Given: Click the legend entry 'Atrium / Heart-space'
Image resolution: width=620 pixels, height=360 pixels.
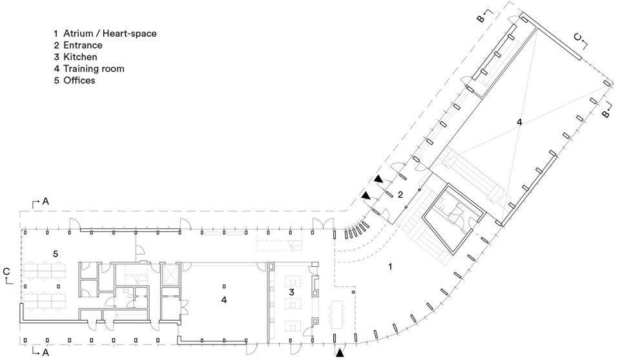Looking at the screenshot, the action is coord(110,34).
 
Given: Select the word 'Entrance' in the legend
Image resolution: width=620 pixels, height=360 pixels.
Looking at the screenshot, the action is coord(83,45).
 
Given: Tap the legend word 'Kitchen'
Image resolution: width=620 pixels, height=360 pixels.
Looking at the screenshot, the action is coord(80,57).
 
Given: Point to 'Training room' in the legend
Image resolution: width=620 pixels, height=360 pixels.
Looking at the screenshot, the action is coord(94,69).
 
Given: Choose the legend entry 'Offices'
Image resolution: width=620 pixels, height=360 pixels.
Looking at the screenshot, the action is coord(79,80).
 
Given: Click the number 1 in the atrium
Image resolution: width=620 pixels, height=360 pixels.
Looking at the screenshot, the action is coord(390,267).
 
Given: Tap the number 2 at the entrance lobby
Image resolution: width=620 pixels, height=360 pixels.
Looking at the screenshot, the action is coord(400,195).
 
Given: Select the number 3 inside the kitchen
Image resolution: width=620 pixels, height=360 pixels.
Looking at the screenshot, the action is coord(292,292).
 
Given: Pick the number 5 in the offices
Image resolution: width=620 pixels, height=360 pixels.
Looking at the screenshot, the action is coord(56,253).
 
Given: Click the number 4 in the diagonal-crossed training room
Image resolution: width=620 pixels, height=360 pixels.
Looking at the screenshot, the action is coord(519,122).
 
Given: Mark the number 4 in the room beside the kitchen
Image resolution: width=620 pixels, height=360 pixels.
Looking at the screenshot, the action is coord(224,301).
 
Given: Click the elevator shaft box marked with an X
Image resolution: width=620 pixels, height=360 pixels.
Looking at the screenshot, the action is coord(170,274).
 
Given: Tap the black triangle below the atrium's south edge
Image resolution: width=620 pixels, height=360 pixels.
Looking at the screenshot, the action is coord(340,353).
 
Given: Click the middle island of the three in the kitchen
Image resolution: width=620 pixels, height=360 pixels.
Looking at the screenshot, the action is coord(293,304).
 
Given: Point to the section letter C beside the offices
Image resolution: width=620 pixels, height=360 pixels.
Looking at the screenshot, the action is coord(6,271).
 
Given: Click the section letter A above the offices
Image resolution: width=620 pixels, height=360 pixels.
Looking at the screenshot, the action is coord(45,202).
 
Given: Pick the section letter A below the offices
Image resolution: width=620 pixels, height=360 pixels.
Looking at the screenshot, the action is coord(45,352).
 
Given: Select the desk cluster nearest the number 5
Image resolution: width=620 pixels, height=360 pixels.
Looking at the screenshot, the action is coord(45,271).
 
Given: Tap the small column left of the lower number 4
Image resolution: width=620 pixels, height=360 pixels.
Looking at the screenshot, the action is coord(224,286).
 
